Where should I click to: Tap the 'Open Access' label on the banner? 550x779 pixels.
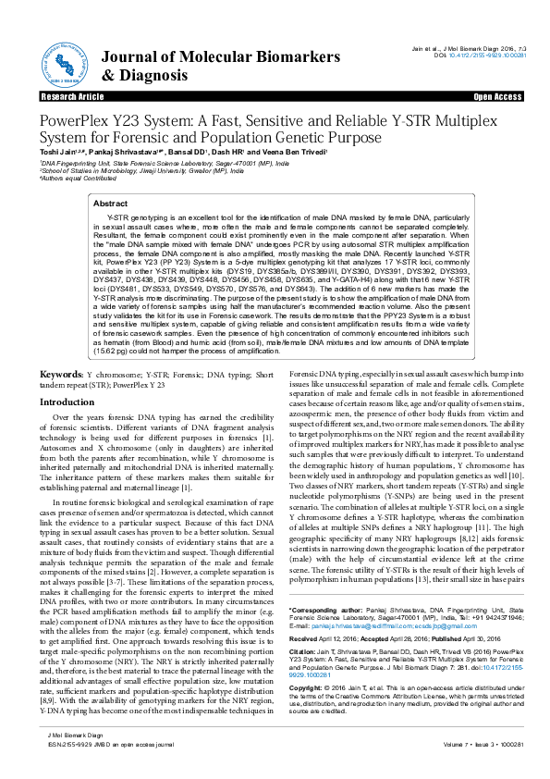click(x=498, y=96)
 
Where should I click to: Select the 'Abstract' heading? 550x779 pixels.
click(x=111, y=202)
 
